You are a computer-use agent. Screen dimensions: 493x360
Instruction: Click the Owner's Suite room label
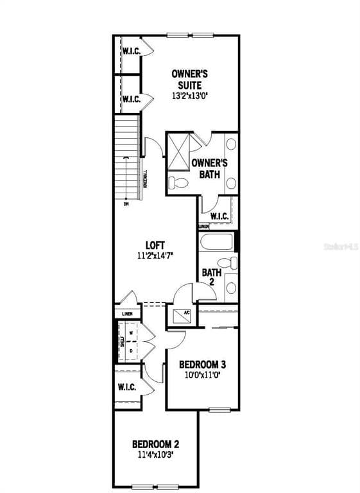point(189,79)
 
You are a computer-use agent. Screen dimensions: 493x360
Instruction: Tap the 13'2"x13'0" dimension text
point(191,96)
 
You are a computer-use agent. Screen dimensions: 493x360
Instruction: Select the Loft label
point(155,245)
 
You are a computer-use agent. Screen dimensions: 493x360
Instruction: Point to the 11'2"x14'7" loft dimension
point(155,255)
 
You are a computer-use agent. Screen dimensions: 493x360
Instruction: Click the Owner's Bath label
point(209,169)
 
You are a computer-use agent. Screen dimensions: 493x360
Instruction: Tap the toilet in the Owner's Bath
point(178,183)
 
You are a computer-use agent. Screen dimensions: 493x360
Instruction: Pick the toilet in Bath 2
point(227,263)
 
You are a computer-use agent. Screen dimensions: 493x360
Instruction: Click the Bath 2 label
point(212,277)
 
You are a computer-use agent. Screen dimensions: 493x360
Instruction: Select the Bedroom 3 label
point(202,364)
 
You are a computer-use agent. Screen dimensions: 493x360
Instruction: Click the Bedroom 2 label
point(155,444)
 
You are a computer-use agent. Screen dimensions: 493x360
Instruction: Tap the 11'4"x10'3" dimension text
point(155,454)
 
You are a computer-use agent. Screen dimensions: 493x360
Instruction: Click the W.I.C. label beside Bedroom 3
point(126,388)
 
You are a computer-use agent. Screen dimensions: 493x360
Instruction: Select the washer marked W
point(131,334)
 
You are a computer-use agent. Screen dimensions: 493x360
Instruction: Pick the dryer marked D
point(131,351)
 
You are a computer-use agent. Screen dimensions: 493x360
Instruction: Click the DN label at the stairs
point(126,205)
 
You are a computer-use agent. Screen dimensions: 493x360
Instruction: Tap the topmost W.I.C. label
point(132,51)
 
